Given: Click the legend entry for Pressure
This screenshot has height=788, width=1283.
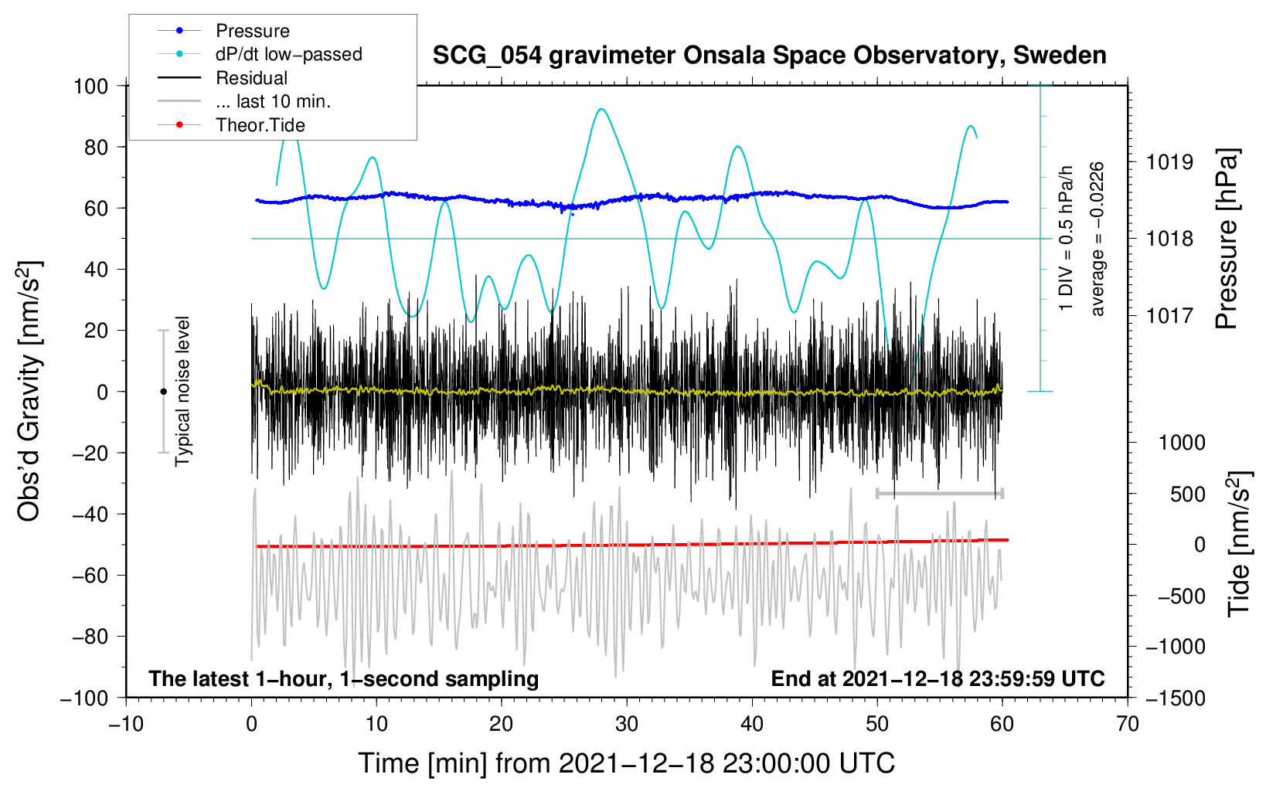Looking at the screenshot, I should pos(252,31).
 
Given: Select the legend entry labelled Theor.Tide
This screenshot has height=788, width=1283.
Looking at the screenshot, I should pos(260,125).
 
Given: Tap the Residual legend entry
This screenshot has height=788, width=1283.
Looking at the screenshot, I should pos(251,78).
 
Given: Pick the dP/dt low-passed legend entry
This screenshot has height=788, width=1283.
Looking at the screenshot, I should pos(288,54).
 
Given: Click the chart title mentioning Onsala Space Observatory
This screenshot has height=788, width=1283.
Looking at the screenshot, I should pos(769,56).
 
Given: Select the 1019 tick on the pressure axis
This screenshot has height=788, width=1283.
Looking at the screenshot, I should pos(1169,162).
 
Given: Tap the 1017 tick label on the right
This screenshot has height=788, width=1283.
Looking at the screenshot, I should pos(1169,315).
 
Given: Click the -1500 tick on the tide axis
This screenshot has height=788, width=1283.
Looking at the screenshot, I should pos(1175,698).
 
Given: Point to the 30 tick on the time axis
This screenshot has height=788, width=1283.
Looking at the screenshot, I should pos(627,724).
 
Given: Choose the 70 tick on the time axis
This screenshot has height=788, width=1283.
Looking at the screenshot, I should pos(1128,724).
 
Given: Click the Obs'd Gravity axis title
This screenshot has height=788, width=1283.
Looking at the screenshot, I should pos(29,392).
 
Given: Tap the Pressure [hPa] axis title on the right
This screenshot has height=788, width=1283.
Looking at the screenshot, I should pos(1227,239).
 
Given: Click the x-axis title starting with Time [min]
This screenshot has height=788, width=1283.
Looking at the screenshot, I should pos(626,763).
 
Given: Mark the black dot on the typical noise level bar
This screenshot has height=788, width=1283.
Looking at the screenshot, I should pos(163,392).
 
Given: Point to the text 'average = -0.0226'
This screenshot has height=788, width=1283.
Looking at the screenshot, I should pos(1097,239).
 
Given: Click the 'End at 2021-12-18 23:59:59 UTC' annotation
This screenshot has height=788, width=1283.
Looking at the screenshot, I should pos(938,679).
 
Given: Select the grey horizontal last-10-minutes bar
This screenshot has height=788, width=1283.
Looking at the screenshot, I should pos(939,493).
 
